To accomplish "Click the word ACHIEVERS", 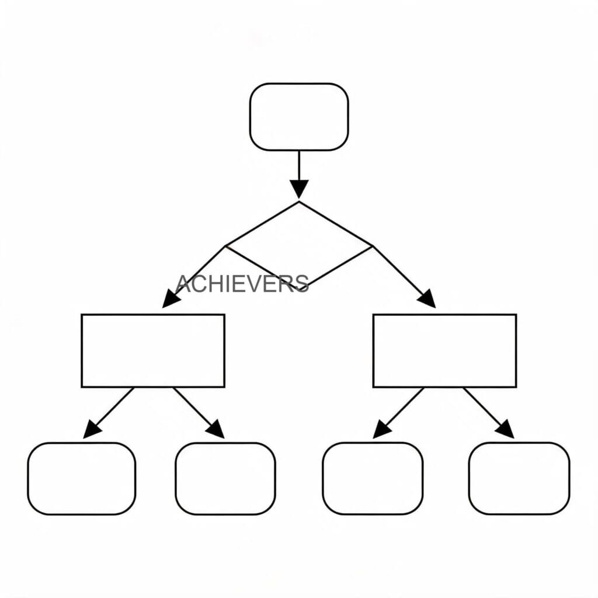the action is (242, 284).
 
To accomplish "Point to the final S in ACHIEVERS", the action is (302, 284).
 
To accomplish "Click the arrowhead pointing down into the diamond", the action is (299, 189).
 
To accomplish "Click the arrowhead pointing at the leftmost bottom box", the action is (92, 429).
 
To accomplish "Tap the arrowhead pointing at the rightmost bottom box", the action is (505, 429).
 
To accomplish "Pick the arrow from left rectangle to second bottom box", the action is (199, 413).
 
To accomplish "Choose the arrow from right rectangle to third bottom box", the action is (398, 413).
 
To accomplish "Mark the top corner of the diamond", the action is (299, 201).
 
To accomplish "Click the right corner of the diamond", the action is (373, 246).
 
